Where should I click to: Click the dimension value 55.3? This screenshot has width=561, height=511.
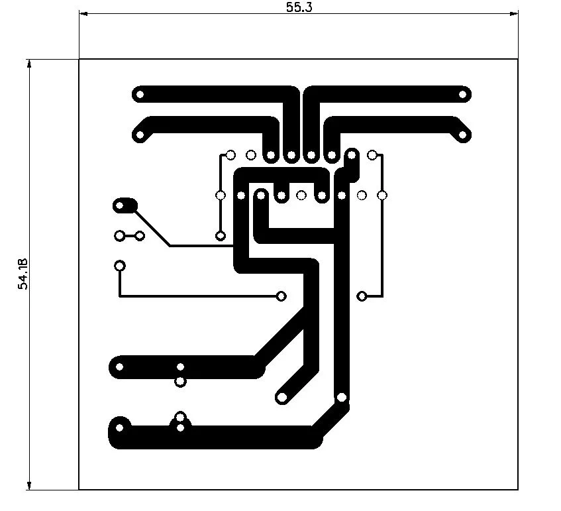(x=299, y=7)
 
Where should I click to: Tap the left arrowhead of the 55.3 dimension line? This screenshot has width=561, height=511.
(x=83, y=14)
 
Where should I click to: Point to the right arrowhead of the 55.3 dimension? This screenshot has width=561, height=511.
(x=514, y=14)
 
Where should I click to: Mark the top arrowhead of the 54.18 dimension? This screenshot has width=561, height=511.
(x=29, y=64)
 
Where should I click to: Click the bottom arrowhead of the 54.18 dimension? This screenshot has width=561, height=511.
(x=29, y=485)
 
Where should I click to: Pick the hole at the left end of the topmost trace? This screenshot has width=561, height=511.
(x=140, y=95)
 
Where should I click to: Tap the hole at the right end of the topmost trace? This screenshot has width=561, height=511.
(x=462, y=95)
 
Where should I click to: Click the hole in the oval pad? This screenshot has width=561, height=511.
(x=120, y=205)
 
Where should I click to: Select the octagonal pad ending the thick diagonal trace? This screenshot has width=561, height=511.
(x=281, y=397)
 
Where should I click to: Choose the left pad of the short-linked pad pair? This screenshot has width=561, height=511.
(x=119, y=236)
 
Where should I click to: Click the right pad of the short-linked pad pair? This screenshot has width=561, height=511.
(x=140, y=236)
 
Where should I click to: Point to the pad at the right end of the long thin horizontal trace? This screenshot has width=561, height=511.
(x=281, y=296)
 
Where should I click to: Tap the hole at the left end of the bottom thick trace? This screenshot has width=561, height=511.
(x=119, y=427)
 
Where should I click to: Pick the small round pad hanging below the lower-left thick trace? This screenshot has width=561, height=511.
(x=180, y=382)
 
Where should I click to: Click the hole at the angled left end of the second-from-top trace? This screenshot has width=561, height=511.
(x=140, y=135)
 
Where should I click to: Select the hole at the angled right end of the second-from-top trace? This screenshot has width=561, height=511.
(x=462, y=135)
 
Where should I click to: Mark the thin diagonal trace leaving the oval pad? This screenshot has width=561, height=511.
(x=152, y=228)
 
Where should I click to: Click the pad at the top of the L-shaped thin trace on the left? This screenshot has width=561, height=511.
(x=119, y=266)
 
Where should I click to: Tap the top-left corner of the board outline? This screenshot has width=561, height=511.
(x=79, y=59)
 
